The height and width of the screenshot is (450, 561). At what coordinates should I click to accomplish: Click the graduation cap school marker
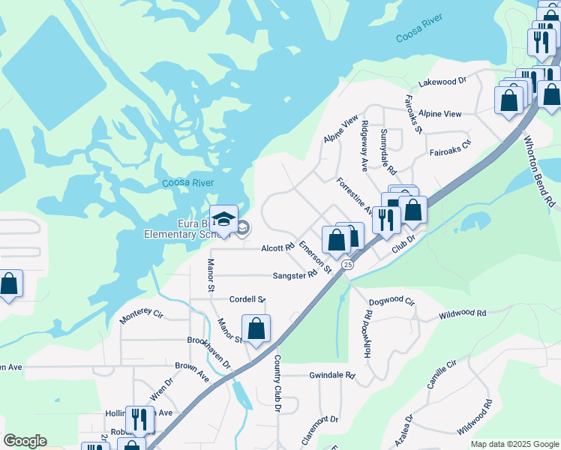(223, 220)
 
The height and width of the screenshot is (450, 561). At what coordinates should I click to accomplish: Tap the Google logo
(25, 441)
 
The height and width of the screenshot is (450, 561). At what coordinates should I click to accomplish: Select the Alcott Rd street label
(277, 248)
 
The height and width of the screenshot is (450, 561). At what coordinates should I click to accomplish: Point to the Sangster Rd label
(295, 276)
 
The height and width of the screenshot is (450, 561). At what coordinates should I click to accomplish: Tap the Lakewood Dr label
(442, 80)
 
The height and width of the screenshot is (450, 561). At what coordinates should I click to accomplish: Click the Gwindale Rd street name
(331, 374)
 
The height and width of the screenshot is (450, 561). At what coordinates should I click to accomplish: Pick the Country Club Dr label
(277, 383)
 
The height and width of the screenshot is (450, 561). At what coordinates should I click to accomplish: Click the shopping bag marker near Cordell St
(256, 328)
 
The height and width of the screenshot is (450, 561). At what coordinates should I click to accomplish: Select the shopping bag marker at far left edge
(9, 284)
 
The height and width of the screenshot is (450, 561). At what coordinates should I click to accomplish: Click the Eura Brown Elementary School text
(176, 229)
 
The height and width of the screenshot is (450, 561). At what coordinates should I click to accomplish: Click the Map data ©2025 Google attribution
(514, 444)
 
